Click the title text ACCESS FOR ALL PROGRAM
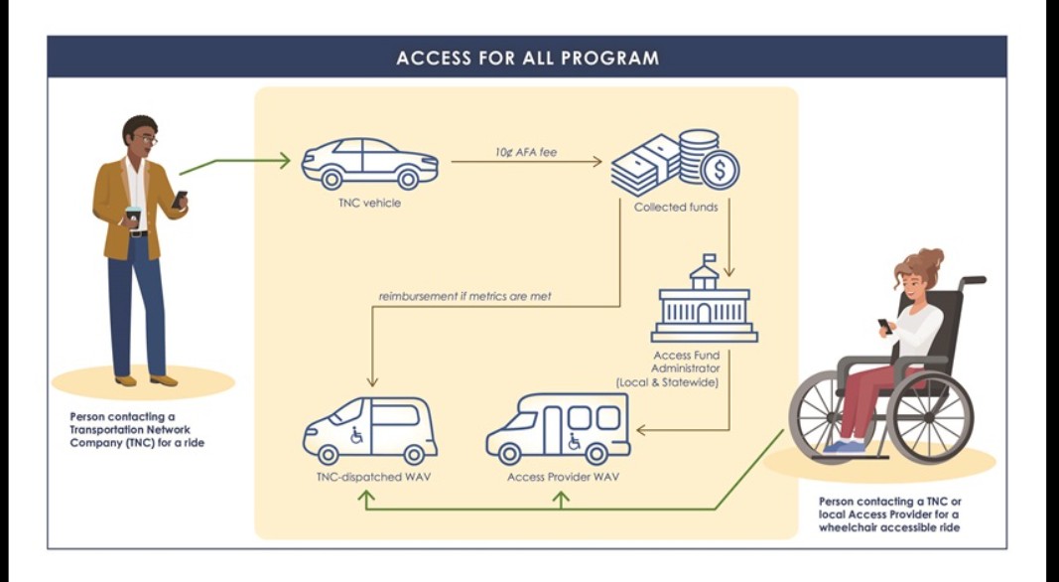[527, 58]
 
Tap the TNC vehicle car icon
[369, 163]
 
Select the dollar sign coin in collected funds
[720, 170]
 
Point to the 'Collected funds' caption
[675, 207]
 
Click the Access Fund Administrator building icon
[704, 304]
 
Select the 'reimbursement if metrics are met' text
[464, 296]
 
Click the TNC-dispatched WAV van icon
[369, 430]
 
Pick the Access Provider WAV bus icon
[557, 428]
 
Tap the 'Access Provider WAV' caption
[563, 478]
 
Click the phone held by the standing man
[179, 200]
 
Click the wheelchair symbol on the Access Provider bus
[575, 441]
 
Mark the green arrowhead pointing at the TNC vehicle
[285, 159]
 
